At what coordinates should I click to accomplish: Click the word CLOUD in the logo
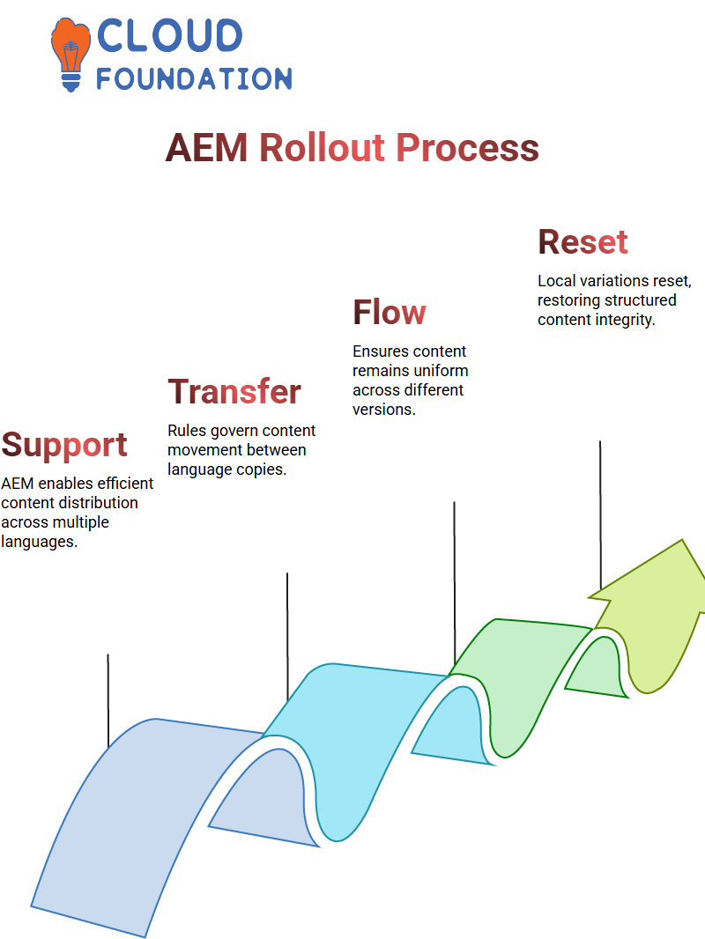click(x=169, y=36)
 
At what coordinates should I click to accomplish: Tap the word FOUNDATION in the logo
click(x=193, y=78)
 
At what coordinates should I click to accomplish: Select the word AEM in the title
click(x=206, y=148)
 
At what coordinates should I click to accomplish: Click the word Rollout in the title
click(x=322, y=148)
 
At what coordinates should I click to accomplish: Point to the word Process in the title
click(x=466, y=148)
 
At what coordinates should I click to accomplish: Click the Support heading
click(x=64, y=445)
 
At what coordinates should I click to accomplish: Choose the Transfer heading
click(x=234, y=392)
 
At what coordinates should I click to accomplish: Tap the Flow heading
click(x=389, y=313)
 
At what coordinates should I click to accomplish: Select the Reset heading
click(x=583, y=242)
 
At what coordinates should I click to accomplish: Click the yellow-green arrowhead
click(x=661, y=617)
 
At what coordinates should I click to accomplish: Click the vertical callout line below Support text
click(x=108, y=700)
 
